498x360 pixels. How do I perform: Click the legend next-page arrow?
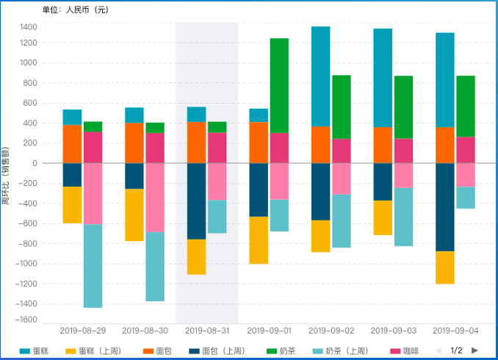(x=474, y=350)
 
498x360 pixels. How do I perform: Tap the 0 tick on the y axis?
(x=34, y=163)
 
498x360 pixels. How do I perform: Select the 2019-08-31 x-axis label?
(x=207, y=331)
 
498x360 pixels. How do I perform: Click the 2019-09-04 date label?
(x=455, y=331)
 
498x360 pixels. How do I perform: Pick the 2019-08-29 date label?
(x=82, y=331)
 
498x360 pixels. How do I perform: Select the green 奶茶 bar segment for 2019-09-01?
(x=279, y=85)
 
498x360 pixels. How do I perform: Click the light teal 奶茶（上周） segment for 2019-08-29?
(x=93, y=266)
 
